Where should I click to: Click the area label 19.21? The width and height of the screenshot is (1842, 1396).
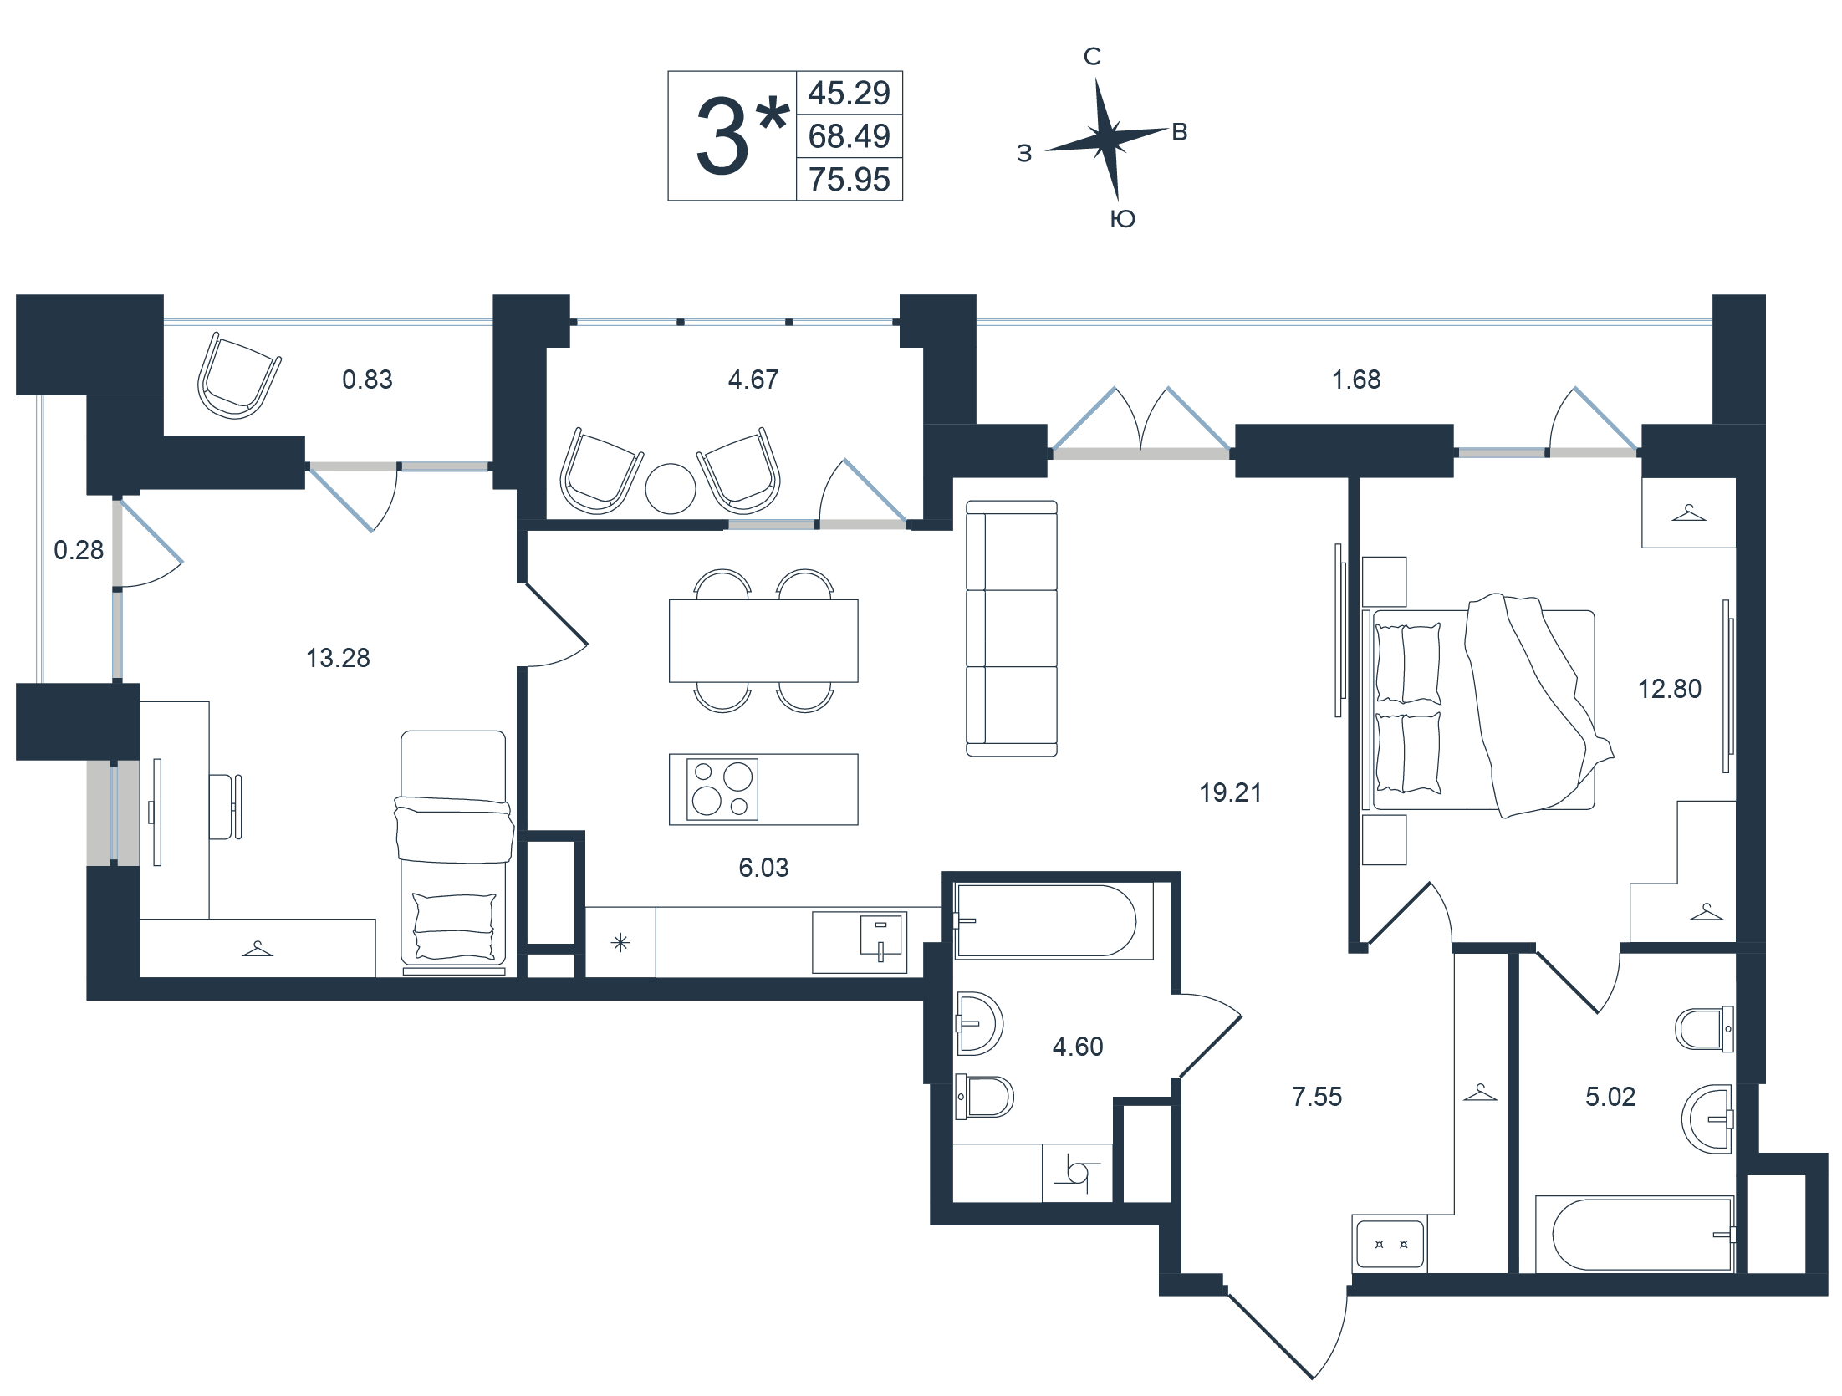[x=1230, y=792]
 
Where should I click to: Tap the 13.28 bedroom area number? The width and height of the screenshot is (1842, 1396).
[x=338, y=658]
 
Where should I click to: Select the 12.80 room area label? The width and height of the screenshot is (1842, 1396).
[x=1669, y=689]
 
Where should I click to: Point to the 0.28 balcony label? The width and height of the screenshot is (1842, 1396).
[x=79, y=550]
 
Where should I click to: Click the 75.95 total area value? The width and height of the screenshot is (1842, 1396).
[x=849, y=180]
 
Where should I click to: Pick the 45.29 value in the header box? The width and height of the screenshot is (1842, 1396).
[x=849, y=93]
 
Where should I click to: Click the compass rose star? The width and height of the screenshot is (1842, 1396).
[x=1107, y=140]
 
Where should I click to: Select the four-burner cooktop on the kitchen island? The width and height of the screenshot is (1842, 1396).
[x=722, y=789]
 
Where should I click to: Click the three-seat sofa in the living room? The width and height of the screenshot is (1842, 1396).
[x=1012, y=629]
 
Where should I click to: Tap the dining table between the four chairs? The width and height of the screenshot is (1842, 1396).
[x=763, y=641]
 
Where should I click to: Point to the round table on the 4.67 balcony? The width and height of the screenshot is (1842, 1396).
[x=671, y=488]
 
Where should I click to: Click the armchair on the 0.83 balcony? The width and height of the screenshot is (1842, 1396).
[x=238, y=375]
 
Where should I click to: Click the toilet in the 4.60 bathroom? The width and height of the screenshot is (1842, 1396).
[x=985, y=1097]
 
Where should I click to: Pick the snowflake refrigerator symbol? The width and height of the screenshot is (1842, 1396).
[x=620, y=943]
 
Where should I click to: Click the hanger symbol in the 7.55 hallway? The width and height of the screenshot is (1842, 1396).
[x=1480, y=1093]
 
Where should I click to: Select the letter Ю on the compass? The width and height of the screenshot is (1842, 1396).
[x=1122, y=219]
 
